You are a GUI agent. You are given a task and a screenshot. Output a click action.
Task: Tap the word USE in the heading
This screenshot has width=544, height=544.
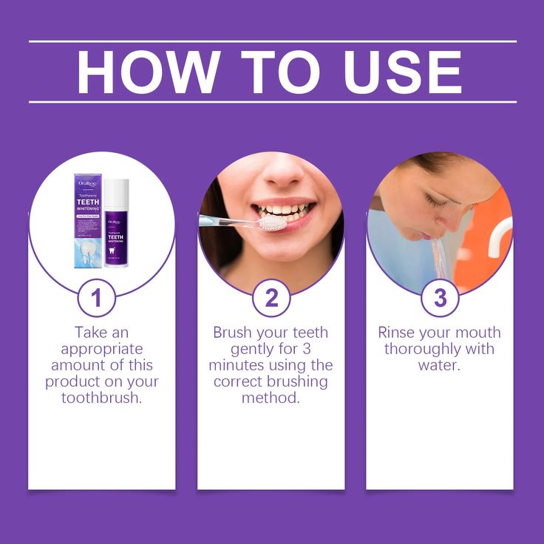tap(396, 72)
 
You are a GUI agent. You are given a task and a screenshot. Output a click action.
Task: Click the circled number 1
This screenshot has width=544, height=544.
tap(96, 298)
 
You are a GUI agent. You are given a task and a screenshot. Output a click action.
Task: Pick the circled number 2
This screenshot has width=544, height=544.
tap(271, 298)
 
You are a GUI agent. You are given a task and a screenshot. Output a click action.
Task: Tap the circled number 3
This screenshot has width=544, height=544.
tap(441, 298)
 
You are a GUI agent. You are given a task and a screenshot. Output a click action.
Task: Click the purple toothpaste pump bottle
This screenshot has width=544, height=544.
tap(116, 225)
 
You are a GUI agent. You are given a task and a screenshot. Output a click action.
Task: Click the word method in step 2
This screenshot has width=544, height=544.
tap(271, 398)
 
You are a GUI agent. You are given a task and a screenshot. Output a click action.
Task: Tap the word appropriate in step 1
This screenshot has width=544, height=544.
tap(101, 349)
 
